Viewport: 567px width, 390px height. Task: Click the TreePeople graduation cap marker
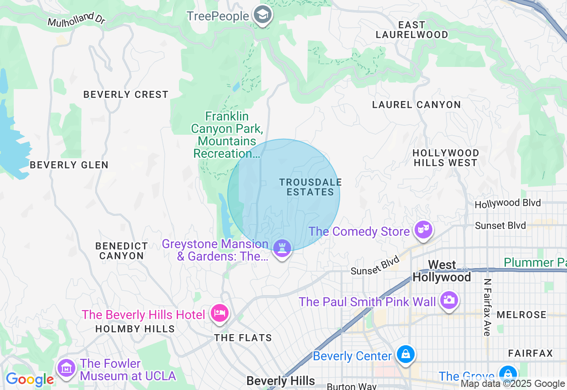coord(263,15)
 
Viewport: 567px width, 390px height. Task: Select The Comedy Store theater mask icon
coord(423,230)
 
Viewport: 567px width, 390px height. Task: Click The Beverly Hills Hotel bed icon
coord(220,313)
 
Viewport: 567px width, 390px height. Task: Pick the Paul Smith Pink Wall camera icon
coord(449,300)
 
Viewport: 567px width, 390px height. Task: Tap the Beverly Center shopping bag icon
coord(405,355)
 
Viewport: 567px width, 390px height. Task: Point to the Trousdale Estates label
coord(311,187)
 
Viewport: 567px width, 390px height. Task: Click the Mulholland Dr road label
coord(76,19)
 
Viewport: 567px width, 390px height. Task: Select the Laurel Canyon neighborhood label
coord(416,105)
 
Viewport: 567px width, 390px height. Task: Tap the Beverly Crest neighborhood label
coord(126,94)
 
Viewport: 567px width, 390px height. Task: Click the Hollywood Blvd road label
coord(508,203)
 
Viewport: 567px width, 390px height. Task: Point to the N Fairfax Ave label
coord(487,307)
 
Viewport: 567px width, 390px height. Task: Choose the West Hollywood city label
coord(442,271)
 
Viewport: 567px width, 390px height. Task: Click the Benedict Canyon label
coord(122,251)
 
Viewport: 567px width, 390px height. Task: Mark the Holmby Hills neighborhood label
coord(135,329)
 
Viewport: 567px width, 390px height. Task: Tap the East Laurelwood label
coord(412,30)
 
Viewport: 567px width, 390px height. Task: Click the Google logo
coord(30,379)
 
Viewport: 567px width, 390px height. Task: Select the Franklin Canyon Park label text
coord(226,135)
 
